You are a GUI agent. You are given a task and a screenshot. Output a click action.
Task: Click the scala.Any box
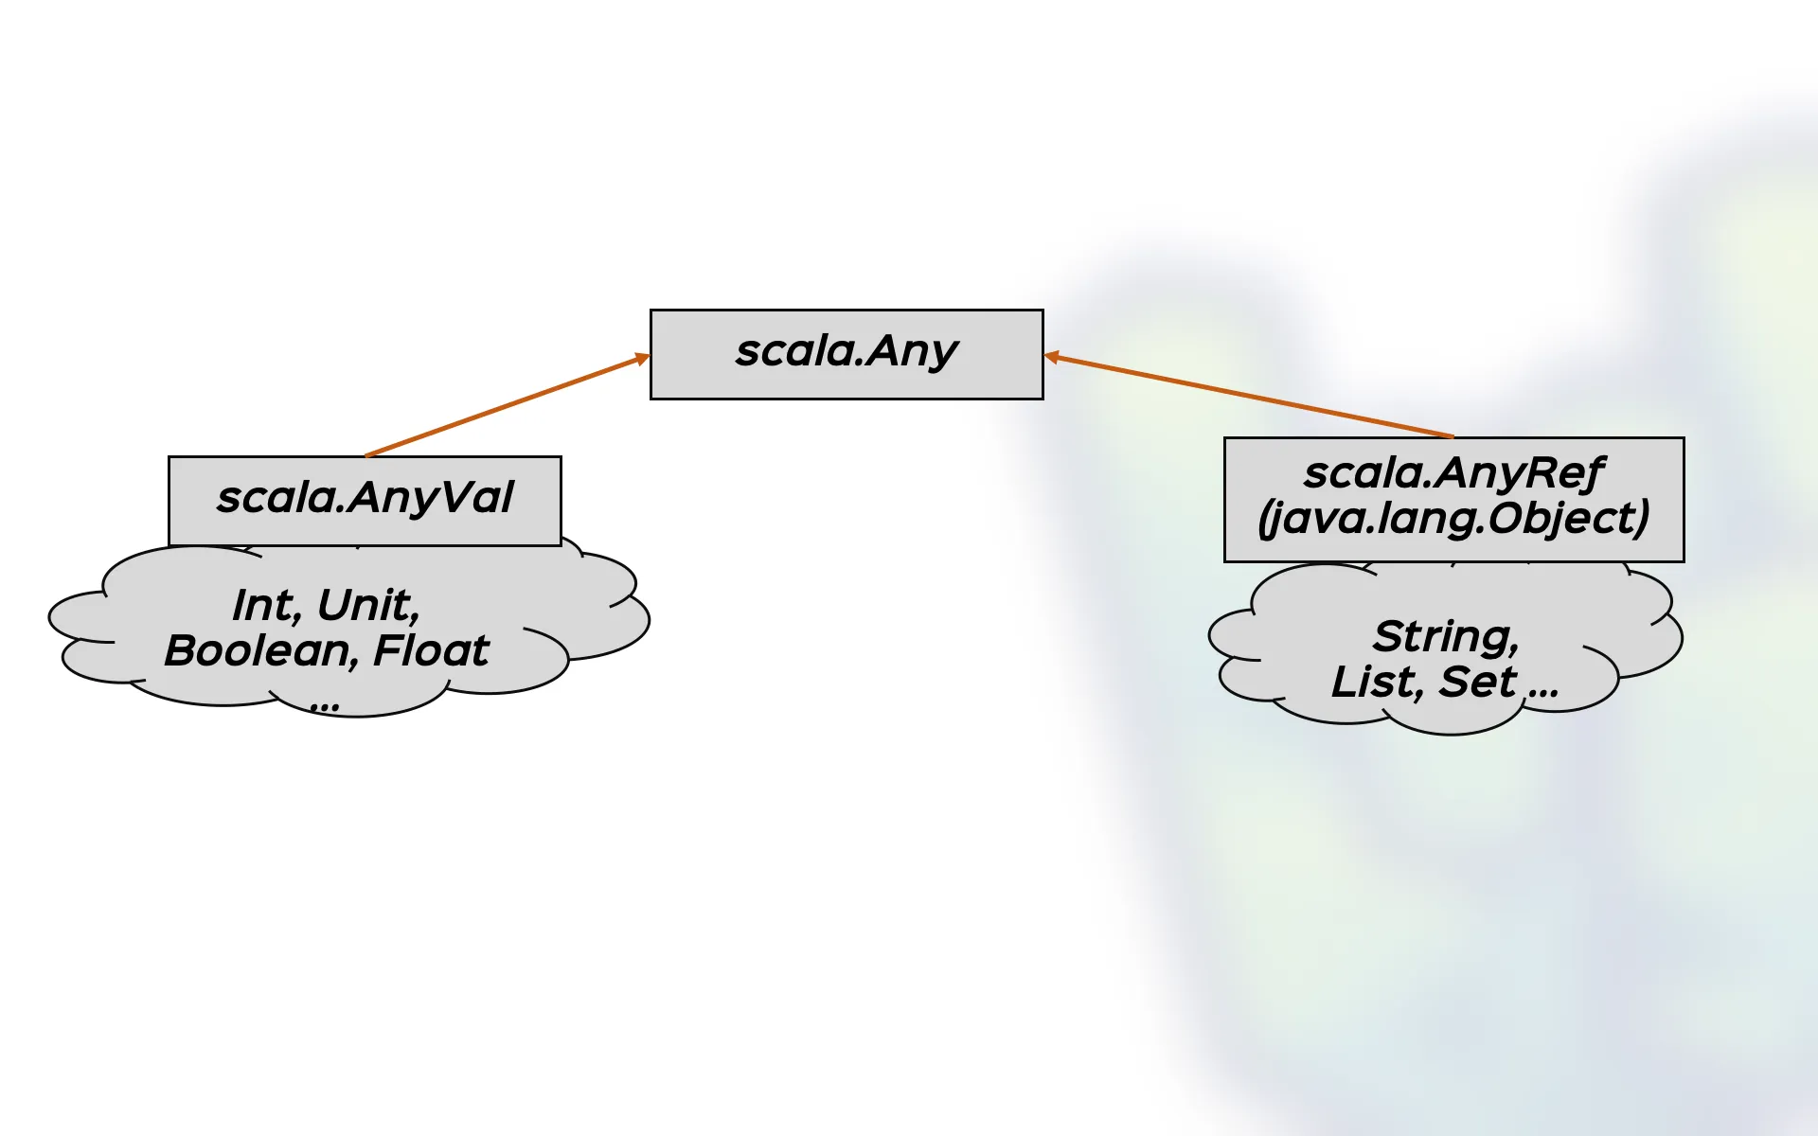coord(846,354)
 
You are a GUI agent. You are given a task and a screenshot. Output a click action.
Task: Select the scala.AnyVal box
coord(365,500)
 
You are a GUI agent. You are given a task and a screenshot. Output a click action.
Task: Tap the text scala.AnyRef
coord(1453,472)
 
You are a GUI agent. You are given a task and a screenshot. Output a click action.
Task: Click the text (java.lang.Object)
coord(1453,518)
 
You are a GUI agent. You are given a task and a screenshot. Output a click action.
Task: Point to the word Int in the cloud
coord(264,605)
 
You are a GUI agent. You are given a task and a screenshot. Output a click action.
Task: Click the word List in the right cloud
coord(1375,682)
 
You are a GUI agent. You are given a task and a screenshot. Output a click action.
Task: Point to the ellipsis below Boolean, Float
coord(325,705)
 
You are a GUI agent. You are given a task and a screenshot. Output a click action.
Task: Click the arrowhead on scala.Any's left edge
coord(643,358)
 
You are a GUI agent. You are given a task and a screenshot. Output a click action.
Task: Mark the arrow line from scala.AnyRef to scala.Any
coord(1250,397)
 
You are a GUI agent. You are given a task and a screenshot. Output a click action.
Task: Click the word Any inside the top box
coord(912,351)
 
